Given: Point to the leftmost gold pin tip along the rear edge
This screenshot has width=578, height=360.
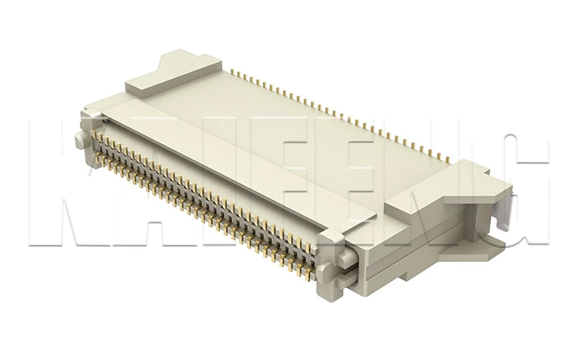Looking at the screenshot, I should coord(234,71).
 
